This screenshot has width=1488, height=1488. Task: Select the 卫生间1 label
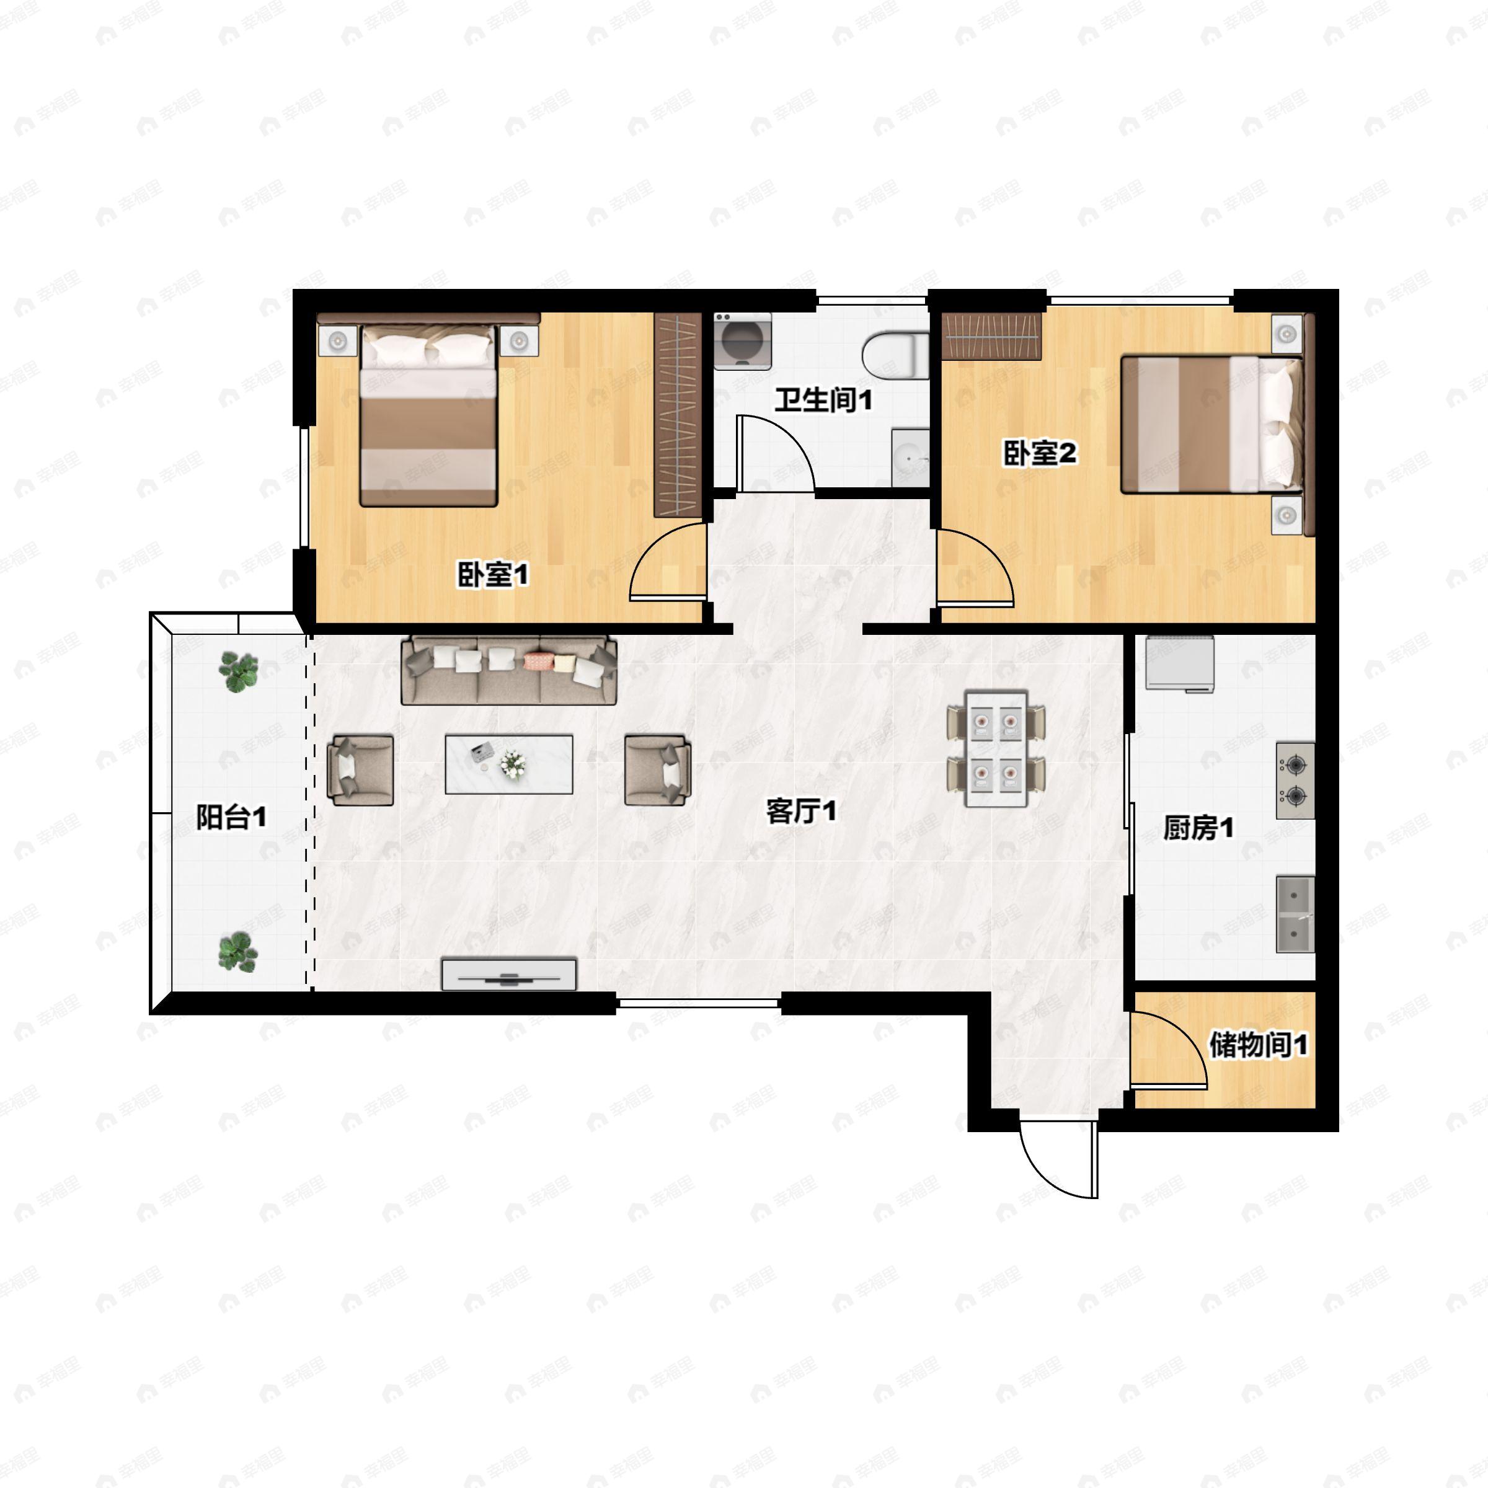(823, 400)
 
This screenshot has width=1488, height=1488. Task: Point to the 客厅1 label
(801, 810)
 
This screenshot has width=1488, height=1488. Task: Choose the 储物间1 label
(1259, 1045)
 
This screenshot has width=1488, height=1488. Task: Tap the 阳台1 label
(231, 817)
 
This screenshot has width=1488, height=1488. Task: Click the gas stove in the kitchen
(1295, 780)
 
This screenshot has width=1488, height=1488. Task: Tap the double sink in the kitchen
(1295, 914)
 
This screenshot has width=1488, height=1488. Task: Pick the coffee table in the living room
(508, 764)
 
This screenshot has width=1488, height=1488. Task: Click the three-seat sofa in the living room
(509, 670)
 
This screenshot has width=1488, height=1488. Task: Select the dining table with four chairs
(996, 748)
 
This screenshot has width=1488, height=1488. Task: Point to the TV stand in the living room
(509, 974)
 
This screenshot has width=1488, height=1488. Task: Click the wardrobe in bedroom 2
(993, 337)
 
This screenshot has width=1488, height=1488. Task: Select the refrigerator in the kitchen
(1179, 663)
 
